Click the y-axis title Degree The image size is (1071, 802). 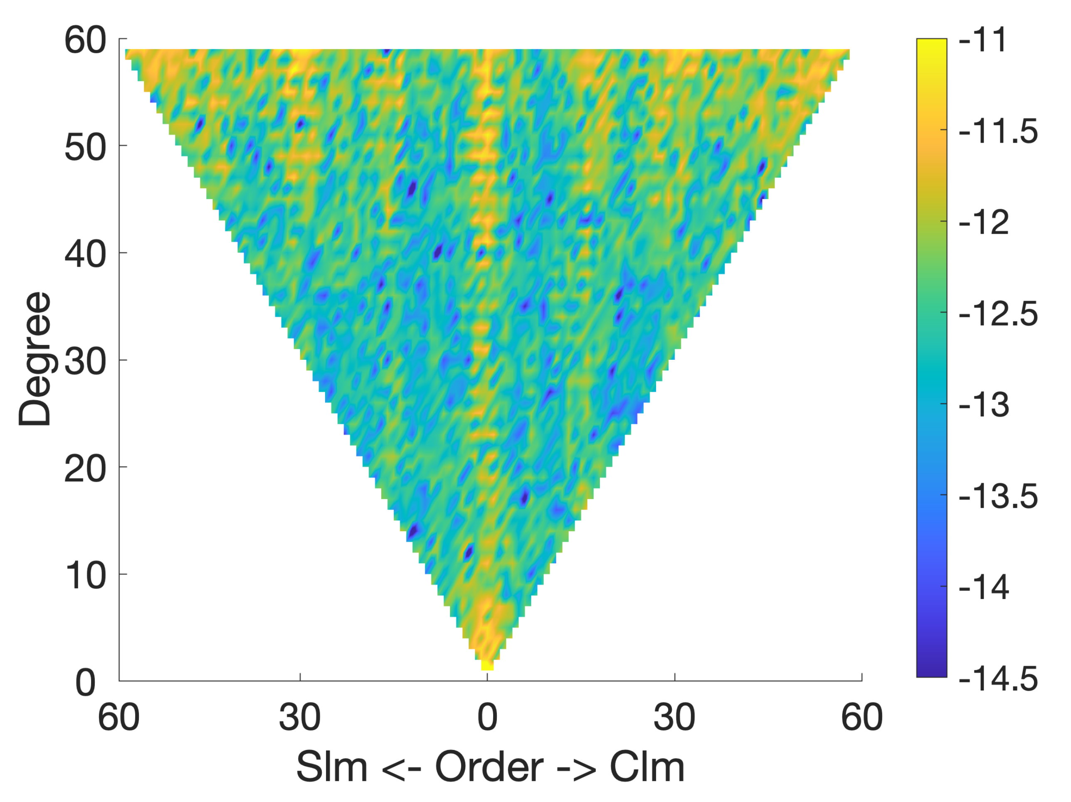[35, 359]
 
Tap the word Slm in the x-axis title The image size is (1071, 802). [332, 767]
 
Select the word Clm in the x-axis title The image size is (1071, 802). [647, 767]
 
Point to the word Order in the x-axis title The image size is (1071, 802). [489, 767]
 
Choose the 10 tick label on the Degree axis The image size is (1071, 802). [85, 576]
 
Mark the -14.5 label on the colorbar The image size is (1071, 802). [998, 679]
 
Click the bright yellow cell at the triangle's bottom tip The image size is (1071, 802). [487, 666]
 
